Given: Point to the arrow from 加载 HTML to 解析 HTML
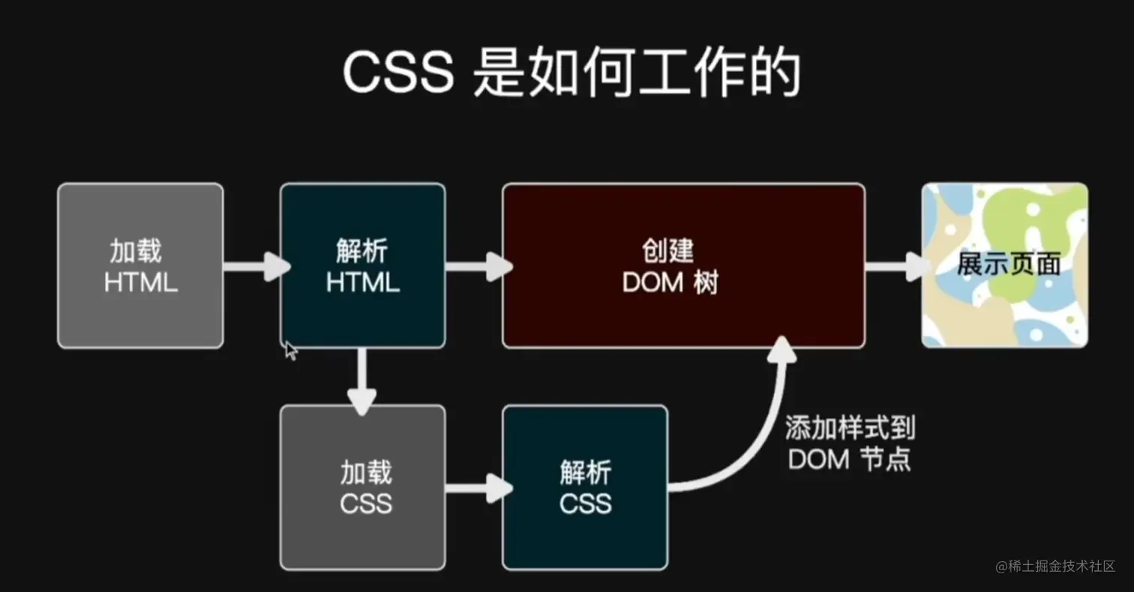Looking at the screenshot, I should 255,266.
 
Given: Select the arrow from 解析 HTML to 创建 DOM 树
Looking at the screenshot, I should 477,266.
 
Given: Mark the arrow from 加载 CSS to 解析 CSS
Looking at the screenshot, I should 477,489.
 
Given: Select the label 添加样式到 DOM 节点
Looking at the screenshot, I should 850,444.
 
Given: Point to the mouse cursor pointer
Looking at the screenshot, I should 290,349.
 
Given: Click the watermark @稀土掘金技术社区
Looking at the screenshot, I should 1055,567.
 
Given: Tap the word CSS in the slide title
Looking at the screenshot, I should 398,73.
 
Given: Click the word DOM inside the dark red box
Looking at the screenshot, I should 652,283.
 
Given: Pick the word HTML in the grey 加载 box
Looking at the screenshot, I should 140,283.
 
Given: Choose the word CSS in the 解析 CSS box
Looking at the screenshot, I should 585,504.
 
